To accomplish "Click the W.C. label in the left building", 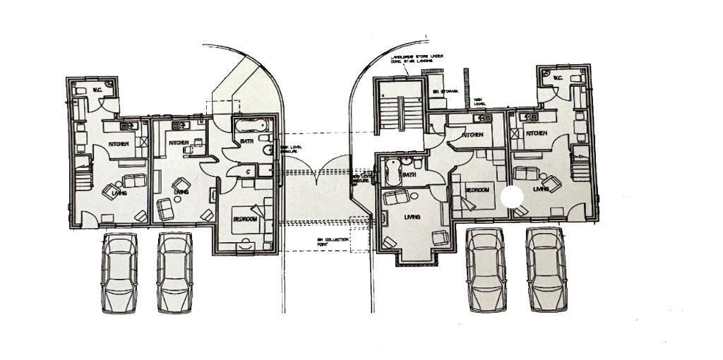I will [x=97, y=90].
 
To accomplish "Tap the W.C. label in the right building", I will [x=557, y=78].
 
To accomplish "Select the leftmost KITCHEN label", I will [x=118, y=145].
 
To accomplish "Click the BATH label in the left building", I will [x=247, y=142].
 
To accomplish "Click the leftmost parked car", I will [x=119, y=272].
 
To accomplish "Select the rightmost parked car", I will [x=546, y=269].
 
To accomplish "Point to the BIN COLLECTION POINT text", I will [x=333, y=243].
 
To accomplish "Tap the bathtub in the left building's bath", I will [x=251, y=127].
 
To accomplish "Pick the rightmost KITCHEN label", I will [x=536, y=133].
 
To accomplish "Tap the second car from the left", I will [x=174, y=272].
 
